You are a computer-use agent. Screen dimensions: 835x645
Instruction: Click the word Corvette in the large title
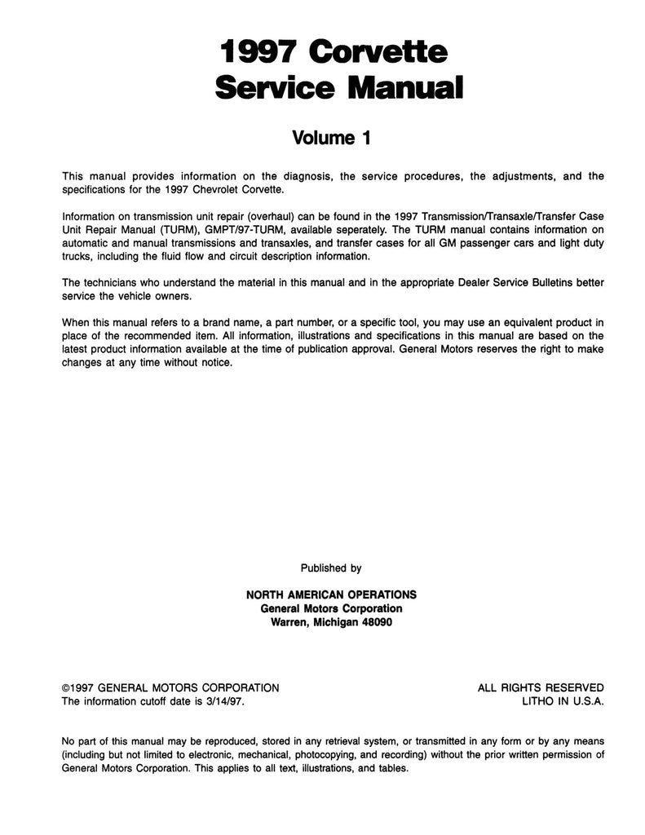(378, 54)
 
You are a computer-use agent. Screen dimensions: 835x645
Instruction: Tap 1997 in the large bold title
(258, 54)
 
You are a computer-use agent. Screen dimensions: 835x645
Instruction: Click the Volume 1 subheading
(331, 138)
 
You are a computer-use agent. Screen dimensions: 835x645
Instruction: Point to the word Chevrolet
(210, 188)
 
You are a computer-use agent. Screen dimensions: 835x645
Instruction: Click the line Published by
(331, 568)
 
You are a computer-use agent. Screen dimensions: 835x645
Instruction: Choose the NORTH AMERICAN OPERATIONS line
(331, 594)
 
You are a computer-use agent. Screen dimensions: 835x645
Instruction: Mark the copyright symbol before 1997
(66, 687)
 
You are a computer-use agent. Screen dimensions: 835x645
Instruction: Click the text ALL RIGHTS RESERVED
(541, 687)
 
